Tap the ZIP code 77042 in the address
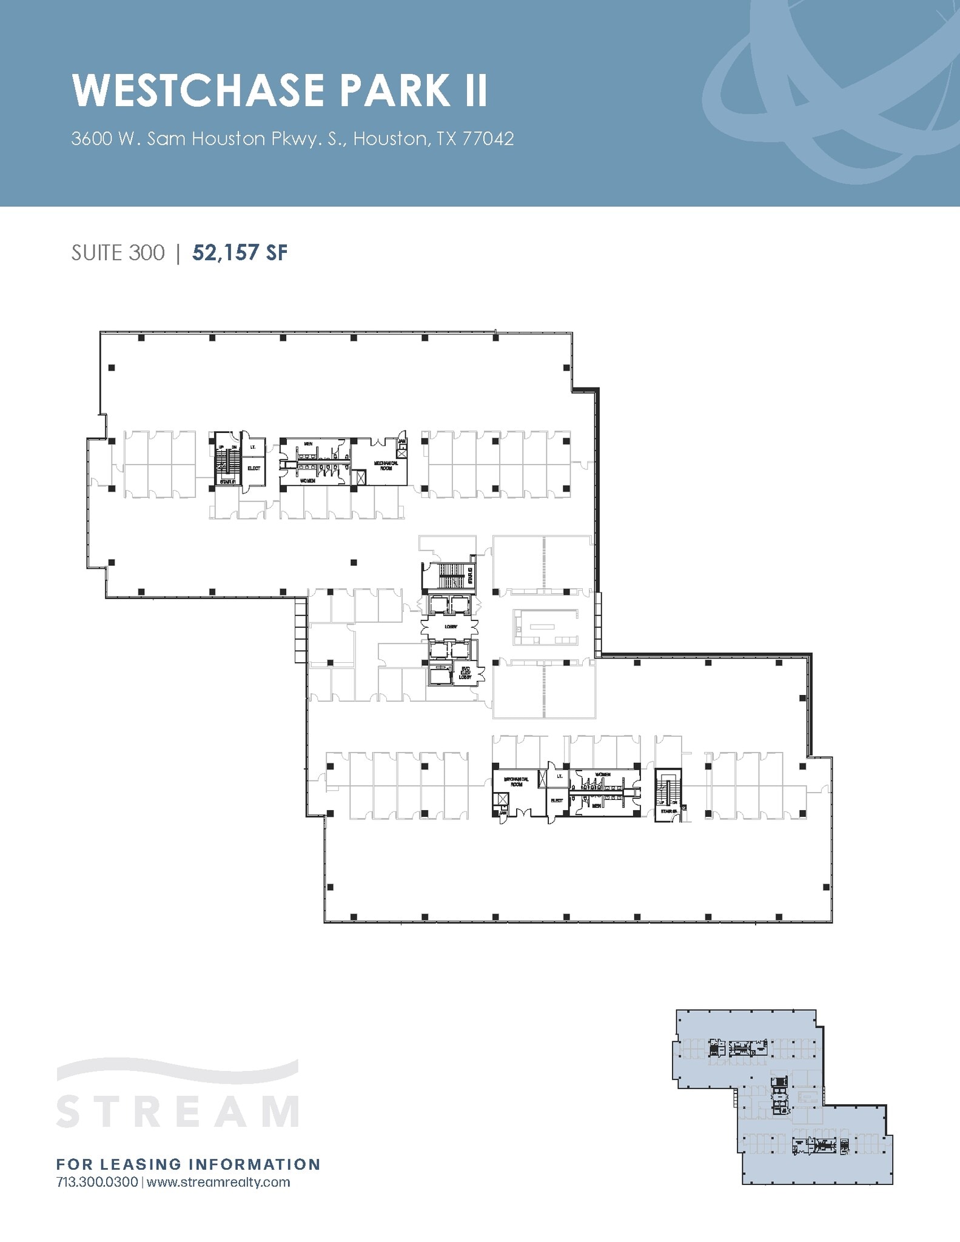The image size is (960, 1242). pyautogui.click(x=488, y=139)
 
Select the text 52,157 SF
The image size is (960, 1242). pyautogui.click(x=240, y=253)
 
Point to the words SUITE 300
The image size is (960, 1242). pyautogui.click(x=118, y=253)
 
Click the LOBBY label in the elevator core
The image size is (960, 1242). pyautogui.click(x=451, y=626)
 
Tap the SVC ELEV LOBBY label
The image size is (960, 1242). pyautogui.click(x=465, y=673)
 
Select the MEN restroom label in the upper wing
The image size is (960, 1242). pyautogui.click(x=308, y=444)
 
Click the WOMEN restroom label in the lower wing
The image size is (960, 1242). pyautogui.click(x=603, y=775)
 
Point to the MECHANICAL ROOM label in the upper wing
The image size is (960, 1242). pyautogui.click(x=386, y=465)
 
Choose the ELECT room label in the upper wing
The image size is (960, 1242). pyautogui.click(x=253, y=468)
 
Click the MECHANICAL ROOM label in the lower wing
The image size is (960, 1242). pyautogui.click(x=516, y=782)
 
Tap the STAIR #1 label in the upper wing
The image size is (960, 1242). pyautogui.click(x=228, y=482)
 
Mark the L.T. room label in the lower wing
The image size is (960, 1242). pyautogui.click(x=559, y=776)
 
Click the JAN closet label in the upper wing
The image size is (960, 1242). pyautogui.click(x=401, y=441)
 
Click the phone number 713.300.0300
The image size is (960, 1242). pyautogui.click(x=97, y=1182)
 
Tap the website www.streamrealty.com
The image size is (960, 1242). pyautogui.click(x=218, y=1182)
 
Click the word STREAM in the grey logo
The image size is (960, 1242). pyautogui.click(x=178, y=1111)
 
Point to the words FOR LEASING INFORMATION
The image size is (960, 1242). pyautogui.click(x=188, y=1164)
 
